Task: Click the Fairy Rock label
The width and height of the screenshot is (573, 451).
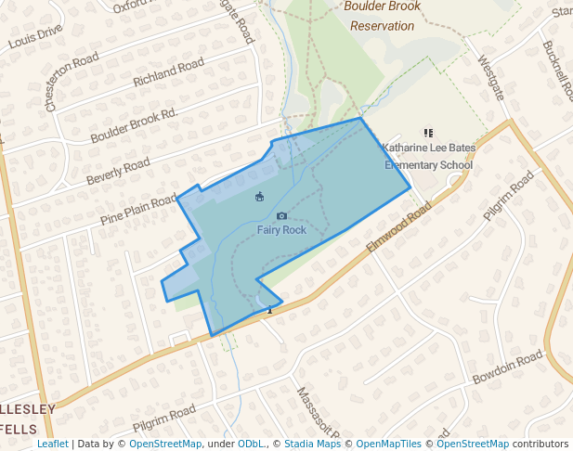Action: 281,230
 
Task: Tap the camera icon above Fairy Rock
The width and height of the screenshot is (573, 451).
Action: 281,216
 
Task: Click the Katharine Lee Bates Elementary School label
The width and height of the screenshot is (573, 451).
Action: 429,157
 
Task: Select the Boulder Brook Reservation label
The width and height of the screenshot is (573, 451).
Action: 382,16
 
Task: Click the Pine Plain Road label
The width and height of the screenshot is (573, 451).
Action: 137,209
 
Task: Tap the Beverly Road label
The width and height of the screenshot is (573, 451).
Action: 118,171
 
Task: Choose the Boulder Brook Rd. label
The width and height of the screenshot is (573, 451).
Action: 133,126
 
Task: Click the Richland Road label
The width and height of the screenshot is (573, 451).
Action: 168,73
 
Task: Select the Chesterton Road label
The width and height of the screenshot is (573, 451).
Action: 72,82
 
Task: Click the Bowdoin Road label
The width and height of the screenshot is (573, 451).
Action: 506,368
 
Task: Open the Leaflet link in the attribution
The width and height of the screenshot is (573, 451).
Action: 52,445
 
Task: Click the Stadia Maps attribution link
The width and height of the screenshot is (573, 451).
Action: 312,445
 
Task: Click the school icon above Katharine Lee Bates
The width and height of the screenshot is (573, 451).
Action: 428,134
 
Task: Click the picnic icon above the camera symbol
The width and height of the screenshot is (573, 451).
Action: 259,196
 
